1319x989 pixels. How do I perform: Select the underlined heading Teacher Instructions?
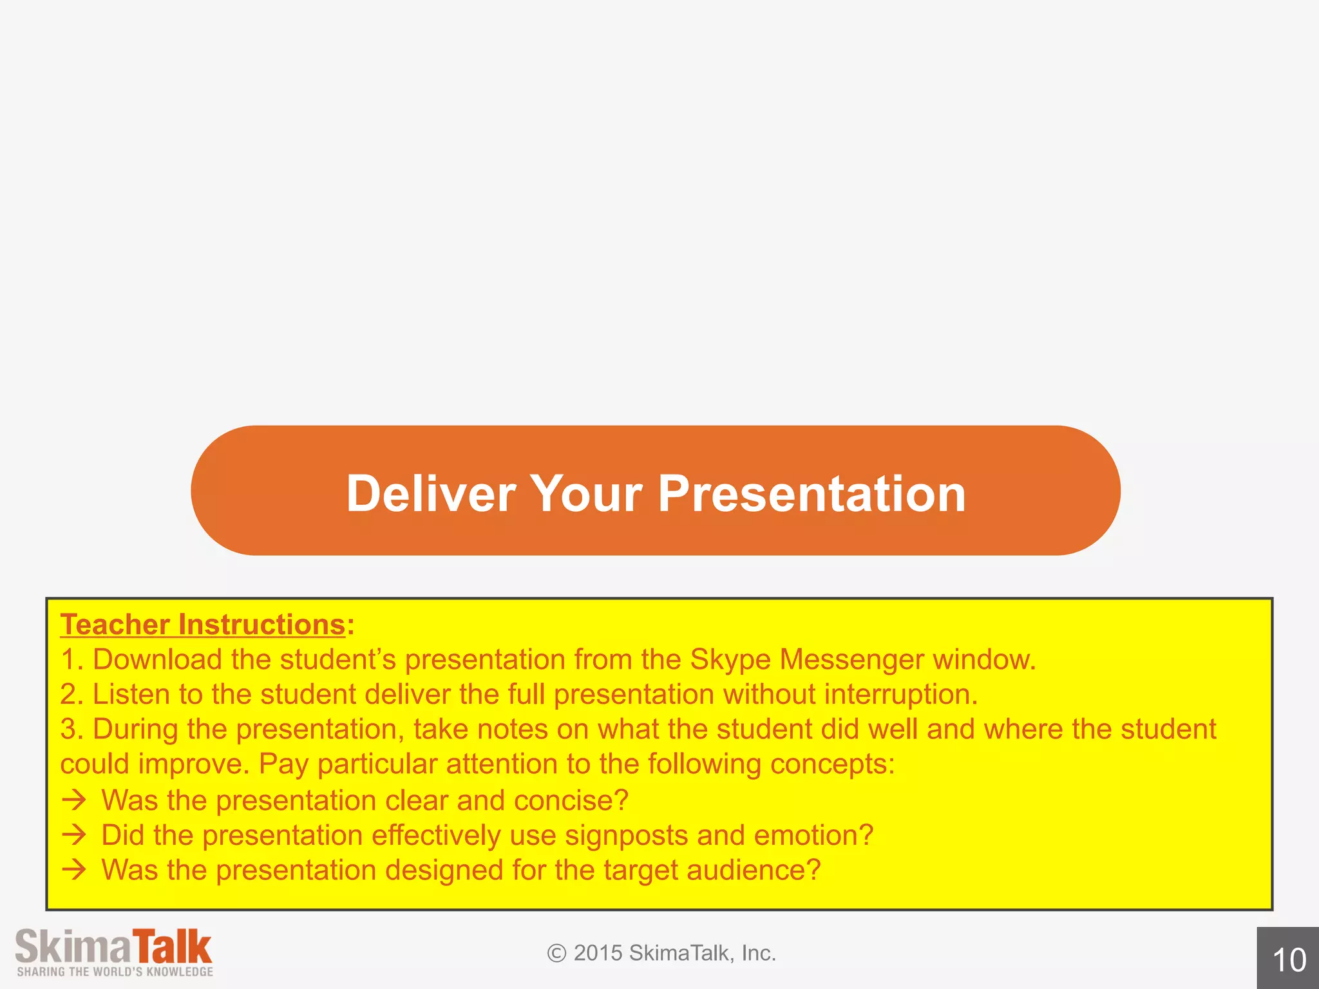203,625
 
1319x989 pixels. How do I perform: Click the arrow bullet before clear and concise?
74,800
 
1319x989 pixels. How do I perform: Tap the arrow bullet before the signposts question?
74,835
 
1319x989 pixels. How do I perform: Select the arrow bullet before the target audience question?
74,870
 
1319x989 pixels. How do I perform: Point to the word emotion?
813,835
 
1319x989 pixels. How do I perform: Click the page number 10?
1289,960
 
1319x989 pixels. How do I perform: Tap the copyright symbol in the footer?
556,953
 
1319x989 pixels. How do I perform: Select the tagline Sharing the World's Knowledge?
115,972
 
